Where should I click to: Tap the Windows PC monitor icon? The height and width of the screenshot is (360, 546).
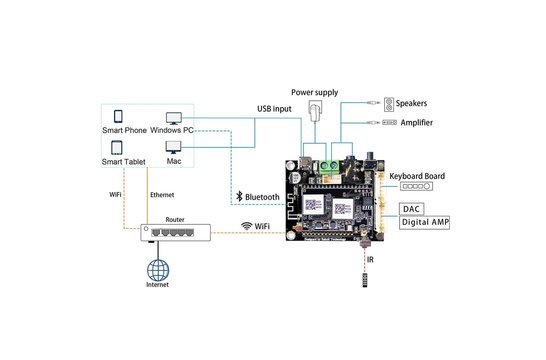174,117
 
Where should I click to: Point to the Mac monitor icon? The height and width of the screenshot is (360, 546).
174,146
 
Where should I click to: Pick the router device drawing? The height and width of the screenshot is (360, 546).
175,233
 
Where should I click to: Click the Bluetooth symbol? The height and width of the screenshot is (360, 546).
237,198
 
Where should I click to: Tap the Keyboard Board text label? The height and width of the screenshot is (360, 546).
417,176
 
